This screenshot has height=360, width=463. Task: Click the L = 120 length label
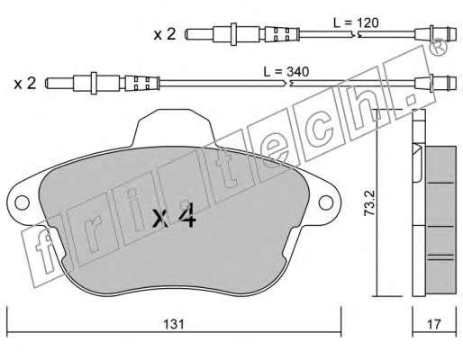click(x=356, y=22)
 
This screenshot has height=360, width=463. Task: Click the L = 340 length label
click(x=286, y=72)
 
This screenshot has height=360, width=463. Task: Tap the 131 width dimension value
click(x=174, y=324)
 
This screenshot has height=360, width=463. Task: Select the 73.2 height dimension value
click(x=369, y=204)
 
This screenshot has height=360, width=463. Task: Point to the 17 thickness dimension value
click(x=434, y=324)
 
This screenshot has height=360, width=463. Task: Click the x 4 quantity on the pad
click(x=175, y=217)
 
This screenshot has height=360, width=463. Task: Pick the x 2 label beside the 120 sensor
click(x=165, y=34)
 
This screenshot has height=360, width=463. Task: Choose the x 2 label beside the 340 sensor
click(x=25, y=84)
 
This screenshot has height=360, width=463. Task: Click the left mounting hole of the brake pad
click(x=22, y=203)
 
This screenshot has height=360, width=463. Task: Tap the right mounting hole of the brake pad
click(x=326, y=202)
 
